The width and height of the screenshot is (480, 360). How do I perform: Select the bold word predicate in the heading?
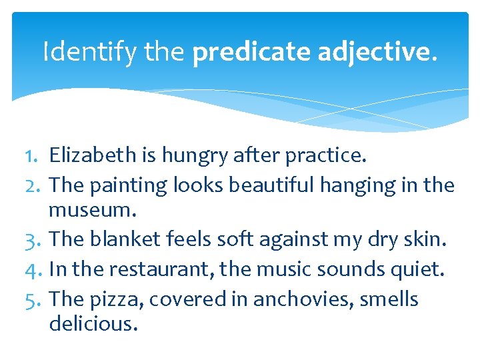tap(251, 51)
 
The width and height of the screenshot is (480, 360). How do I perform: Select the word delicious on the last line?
tap(93, 325)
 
